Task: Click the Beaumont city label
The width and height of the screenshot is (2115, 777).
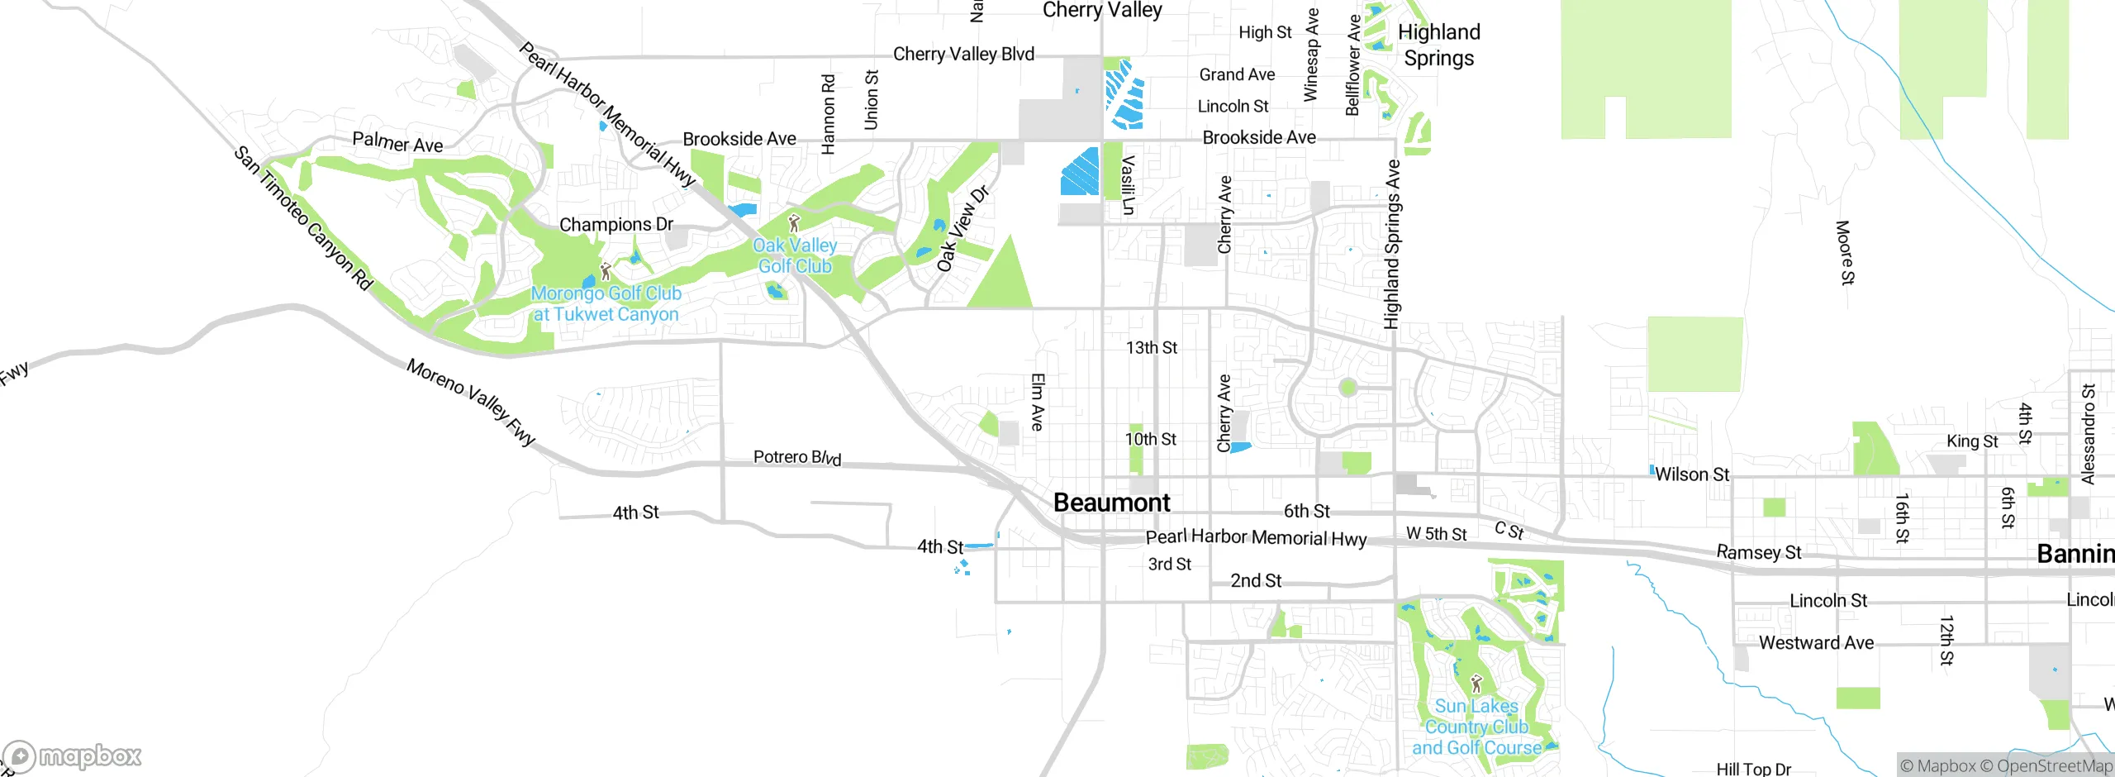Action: point(1111,503)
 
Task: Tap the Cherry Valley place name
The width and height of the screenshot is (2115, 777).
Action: point(1101,10)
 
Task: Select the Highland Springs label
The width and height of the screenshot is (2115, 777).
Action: point(1438,45)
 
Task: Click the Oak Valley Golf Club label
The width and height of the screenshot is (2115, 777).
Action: point(795,255)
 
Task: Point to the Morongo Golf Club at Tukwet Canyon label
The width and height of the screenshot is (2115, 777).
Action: point(606,303)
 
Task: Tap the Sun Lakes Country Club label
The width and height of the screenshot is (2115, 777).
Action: point(1476,727)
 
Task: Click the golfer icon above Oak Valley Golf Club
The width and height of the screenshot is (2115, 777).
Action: point(794,223)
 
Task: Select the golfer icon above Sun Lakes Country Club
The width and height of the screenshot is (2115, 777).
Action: point(1476,684)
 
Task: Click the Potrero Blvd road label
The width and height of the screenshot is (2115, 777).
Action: point(796,457)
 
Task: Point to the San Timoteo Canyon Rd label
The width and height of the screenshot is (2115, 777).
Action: point(302,218)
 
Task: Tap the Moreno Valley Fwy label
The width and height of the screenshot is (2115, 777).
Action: point(471,402)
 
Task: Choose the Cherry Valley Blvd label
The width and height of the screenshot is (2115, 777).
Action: point(963,55)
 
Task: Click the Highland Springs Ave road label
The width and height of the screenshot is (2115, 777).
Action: point(1392,245)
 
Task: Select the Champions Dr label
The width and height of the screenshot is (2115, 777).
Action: point(616,225)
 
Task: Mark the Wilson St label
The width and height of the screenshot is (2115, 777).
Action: point(1691,474)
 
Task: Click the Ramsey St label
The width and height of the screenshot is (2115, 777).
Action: point(1758,552)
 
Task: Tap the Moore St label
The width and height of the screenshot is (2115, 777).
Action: point(1845,252)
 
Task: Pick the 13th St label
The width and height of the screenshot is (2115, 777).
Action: point(1152,348)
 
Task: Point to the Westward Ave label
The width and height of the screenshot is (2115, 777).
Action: point(1816,643)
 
